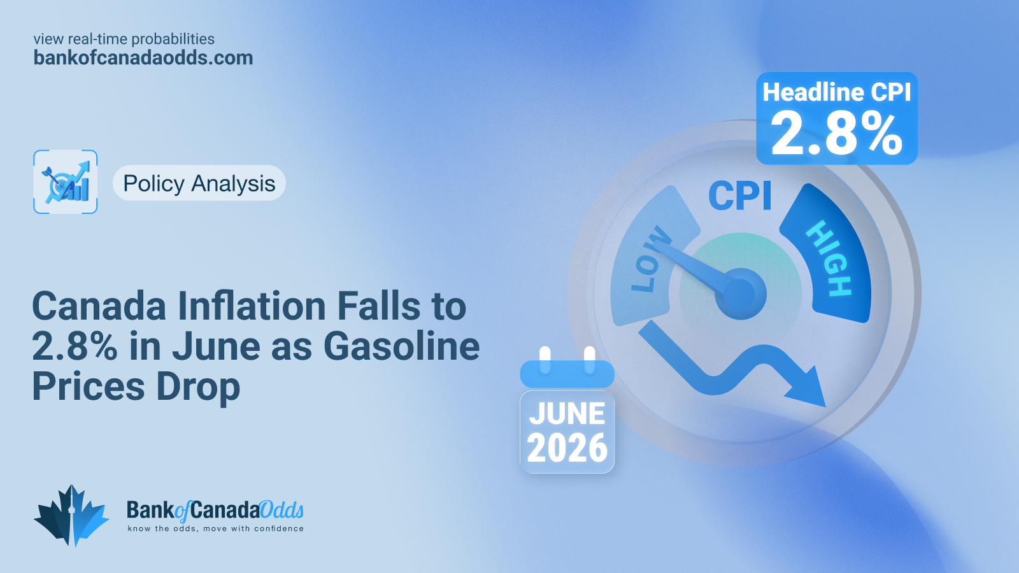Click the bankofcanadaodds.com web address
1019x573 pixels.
pos(143,58)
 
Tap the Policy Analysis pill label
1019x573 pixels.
pos(199,183)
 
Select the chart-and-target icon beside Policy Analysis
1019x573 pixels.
pos(66,182)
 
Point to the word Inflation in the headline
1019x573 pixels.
pos(252,306)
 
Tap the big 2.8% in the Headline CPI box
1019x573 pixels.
pos(837,134)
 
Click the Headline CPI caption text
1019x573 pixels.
pos(837,92)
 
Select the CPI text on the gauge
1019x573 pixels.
pos(740,195)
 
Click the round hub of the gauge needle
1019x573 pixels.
pos(741,294)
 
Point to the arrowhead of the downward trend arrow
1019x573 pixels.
pos(808,388)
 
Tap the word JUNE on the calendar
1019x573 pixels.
pos(567,413)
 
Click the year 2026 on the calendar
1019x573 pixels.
pos(567,448)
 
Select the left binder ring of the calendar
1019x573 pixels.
pos(545,360)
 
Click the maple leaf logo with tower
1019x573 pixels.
pos(71,516)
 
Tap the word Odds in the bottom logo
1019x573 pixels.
pos(281,510)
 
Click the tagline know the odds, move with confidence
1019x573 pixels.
pos(216,528)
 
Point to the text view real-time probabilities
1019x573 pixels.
pos(124,39)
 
